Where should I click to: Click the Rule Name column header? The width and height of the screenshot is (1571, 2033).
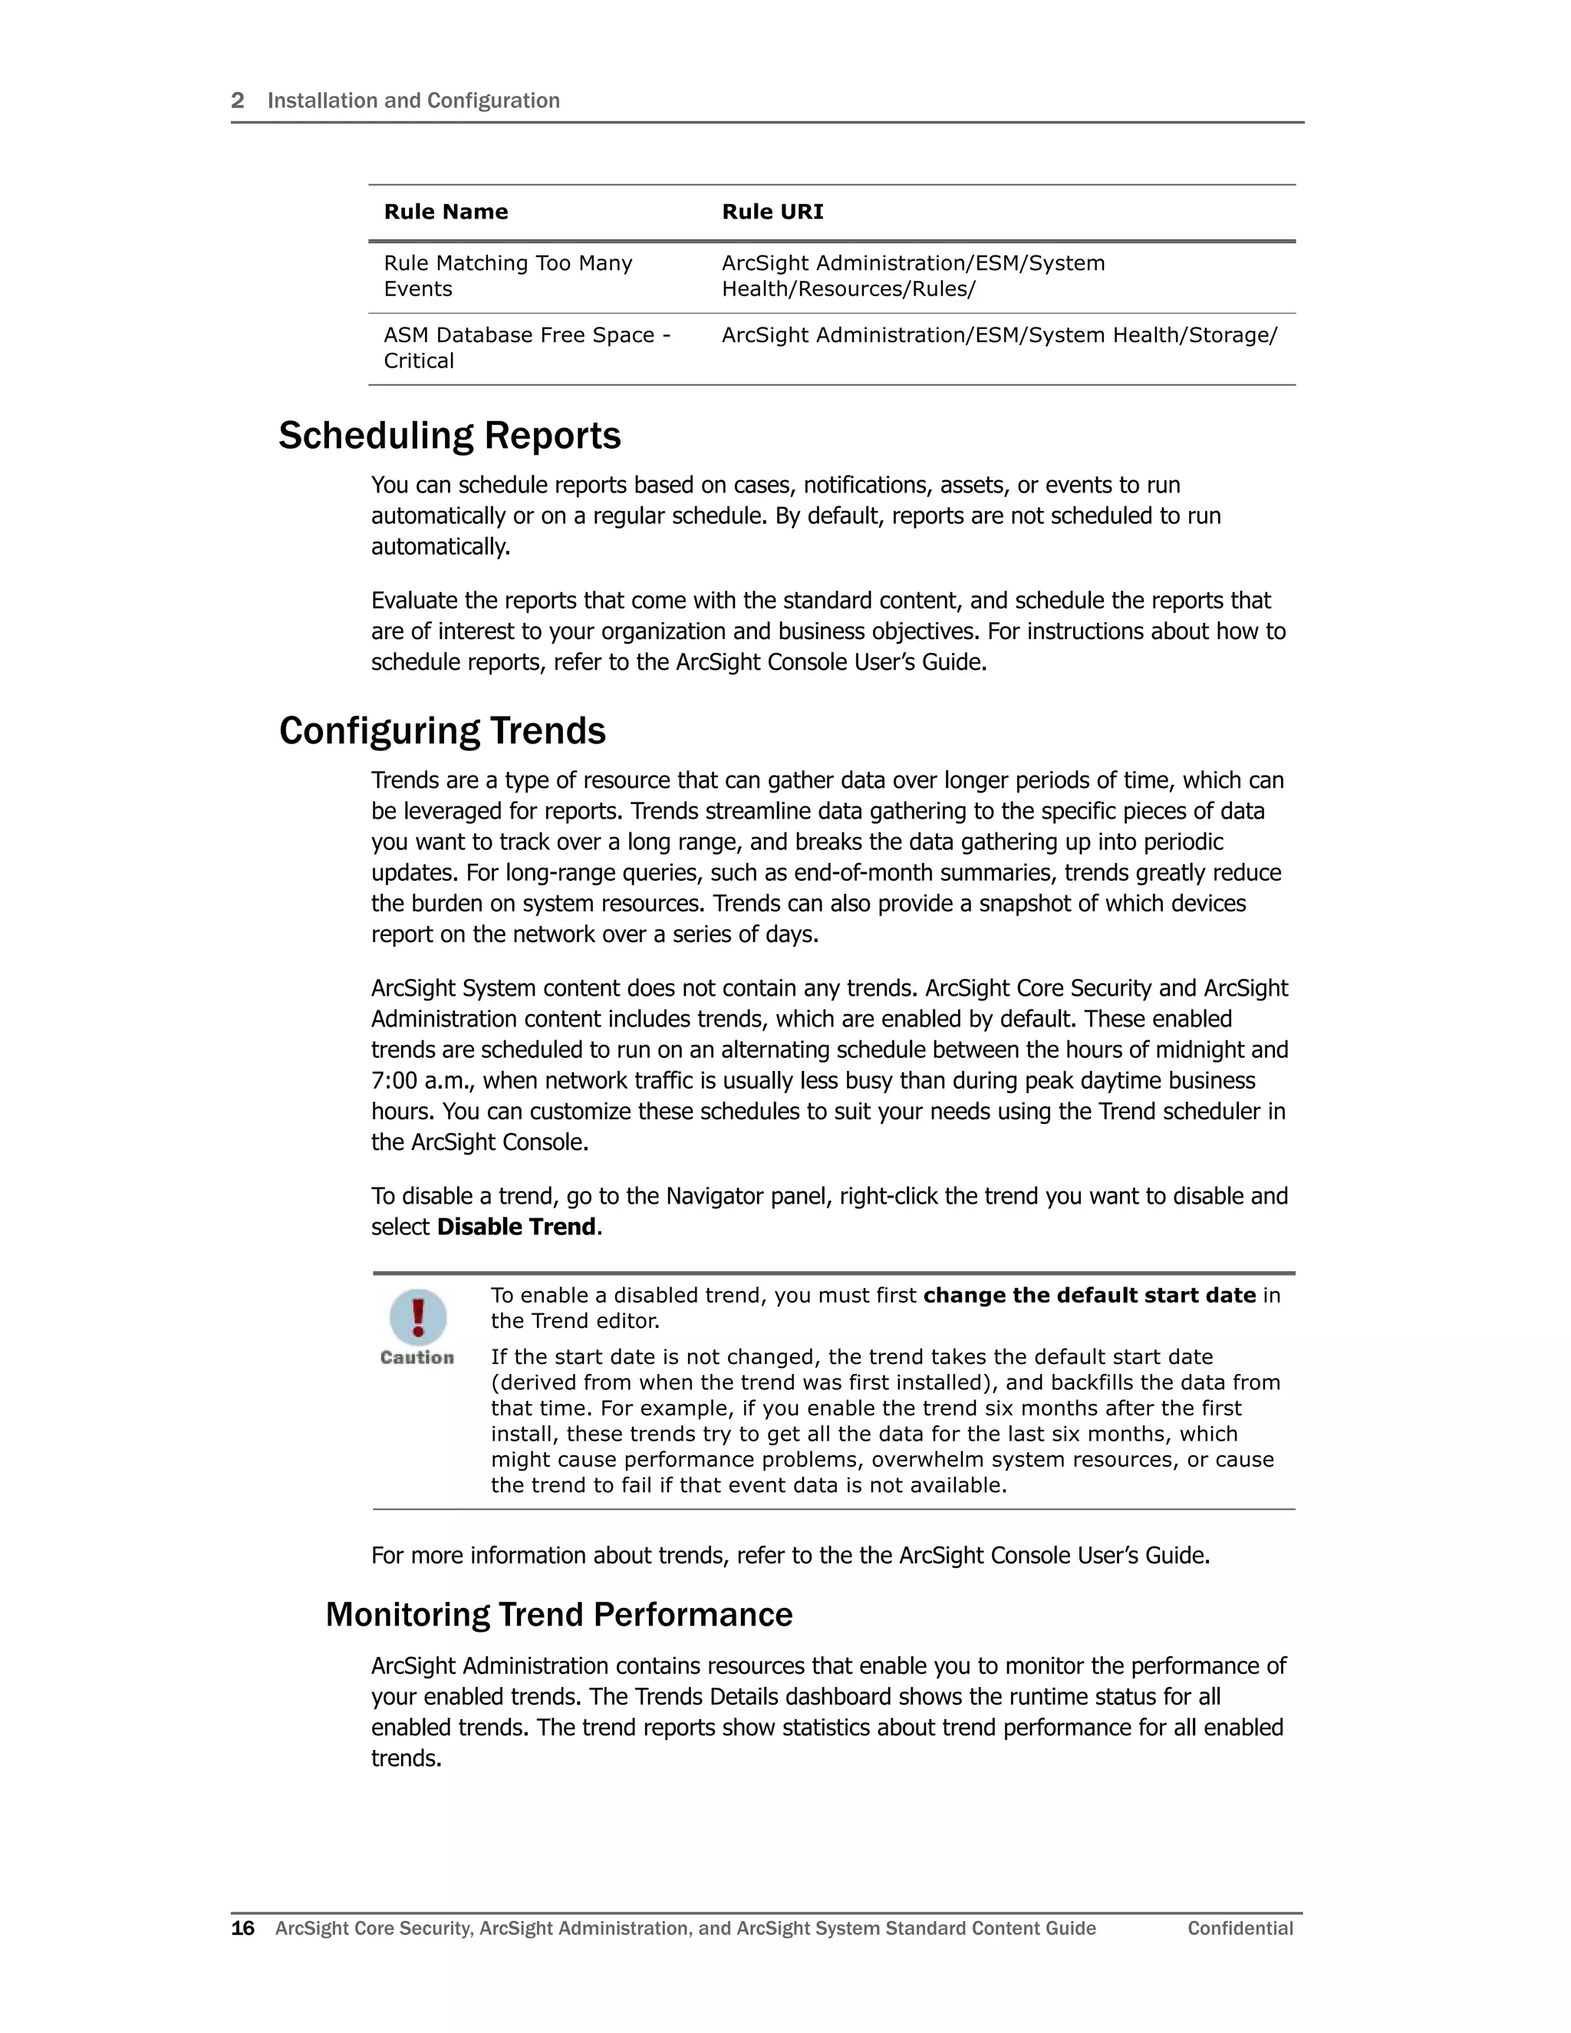[x=446, y=213]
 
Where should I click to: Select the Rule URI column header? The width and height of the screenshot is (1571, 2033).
[x=772, y=213]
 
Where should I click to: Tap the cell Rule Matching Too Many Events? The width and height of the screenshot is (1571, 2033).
[x=507, y=275]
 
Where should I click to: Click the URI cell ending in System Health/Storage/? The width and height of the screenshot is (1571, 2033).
[x=999, y=335]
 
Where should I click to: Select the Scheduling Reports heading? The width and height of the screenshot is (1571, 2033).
[x=450, y=436]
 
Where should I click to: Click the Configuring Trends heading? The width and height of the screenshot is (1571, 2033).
[x=442, y=730]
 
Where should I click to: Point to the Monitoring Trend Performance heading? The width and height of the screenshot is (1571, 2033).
[x=558, y=1614]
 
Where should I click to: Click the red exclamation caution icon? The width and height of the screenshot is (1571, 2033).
[x=418, y=1316]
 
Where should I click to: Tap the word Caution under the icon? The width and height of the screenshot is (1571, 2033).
[x=417, y=1357]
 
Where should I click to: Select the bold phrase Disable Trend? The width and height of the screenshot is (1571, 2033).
[x=516, y=1227]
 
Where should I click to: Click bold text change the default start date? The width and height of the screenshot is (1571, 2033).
[x=1089, y=1296]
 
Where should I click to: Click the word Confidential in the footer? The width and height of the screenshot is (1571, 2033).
[x=1240, y=1929]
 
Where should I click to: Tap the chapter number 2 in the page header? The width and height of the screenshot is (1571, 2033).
[x=237, y=100]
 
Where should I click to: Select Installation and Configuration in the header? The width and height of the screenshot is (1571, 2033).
[x=413, y=100]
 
